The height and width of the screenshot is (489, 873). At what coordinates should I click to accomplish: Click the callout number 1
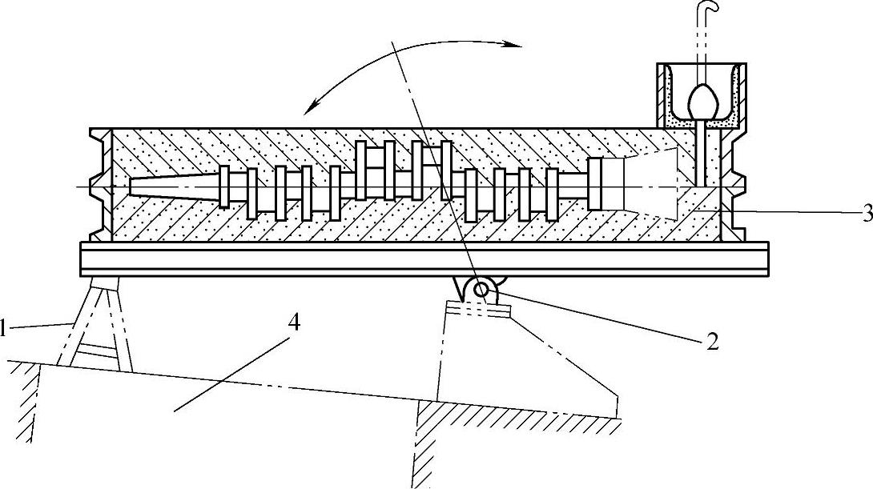pos(4,327)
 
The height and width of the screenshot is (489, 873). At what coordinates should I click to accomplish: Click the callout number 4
pos(295,324)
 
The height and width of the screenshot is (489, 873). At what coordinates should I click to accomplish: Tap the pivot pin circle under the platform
pos(482,290)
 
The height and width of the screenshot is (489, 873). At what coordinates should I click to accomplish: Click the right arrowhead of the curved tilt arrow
pos(513,46)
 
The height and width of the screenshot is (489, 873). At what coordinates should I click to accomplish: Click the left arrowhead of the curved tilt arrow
pos(312,107)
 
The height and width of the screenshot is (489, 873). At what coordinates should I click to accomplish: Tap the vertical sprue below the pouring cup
pos(701,152)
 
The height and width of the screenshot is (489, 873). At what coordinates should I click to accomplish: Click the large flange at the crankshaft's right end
pos(594,184)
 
